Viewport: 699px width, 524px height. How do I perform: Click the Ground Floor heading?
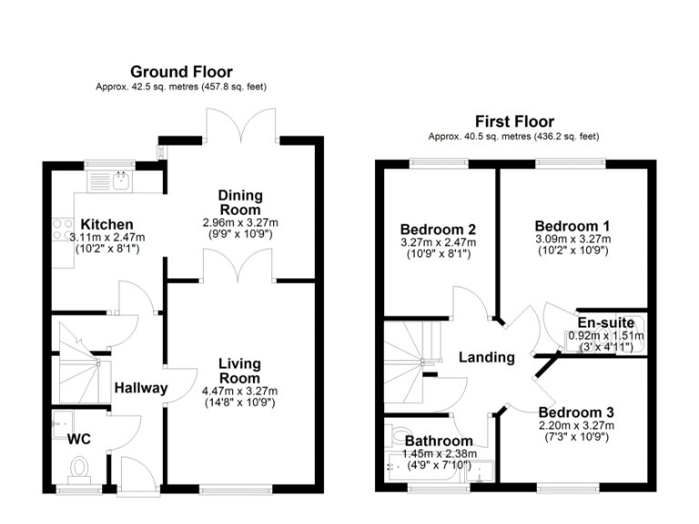pos(181,72)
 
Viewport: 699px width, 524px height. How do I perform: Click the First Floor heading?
pos(514,122)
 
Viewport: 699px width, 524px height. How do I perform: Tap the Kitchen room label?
pos(107,225)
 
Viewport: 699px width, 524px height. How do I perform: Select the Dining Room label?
pos(240,202)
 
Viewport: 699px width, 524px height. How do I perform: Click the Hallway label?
pos(140,388)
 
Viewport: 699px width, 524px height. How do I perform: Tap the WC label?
pos(79,439)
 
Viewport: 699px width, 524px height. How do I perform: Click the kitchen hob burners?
pos(63,228)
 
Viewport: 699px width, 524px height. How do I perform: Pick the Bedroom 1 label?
pos(572,226)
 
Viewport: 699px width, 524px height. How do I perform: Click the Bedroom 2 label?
pos(439,229)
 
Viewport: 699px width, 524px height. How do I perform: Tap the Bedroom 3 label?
pos(574,412)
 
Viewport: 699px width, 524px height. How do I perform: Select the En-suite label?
pos(605,322)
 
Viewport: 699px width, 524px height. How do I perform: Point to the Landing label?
pos(486,358)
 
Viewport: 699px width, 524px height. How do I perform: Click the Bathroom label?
pos(440,441)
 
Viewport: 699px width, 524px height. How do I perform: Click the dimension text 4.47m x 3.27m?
pos(240,391)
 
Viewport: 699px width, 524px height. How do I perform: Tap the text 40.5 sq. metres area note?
pos(514,136)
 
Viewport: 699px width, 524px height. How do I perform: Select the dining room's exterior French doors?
pos(240,125)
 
